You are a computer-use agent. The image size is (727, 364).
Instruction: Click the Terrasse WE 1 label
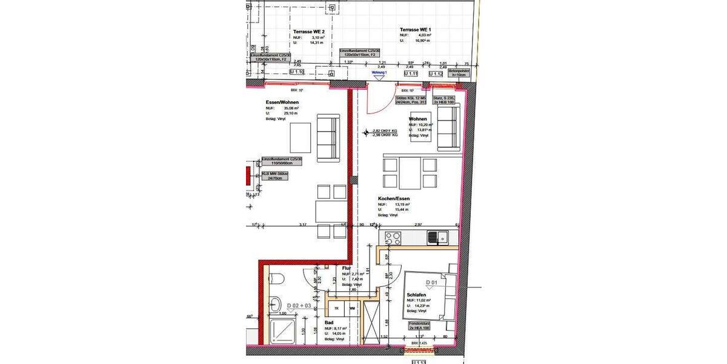tap(415, 30)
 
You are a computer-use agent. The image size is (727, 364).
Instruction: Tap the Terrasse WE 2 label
tap(309, 30)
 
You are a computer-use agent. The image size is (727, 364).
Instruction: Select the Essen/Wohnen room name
tap(282, 102)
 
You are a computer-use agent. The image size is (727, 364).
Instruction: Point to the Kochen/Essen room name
tap(394, 198)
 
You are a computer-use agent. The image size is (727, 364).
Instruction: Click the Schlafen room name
tap(417, 295)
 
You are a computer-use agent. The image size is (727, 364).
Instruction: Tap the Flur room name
tap(347, 268)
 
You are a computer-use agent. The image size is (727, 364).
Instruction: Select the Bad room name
tap(329, 323)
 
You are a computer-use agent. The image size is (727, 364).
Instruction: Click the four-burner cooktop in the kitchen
tap(393, 237)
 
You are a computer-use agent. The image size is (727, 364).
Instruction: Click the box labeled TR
tap(337, 308)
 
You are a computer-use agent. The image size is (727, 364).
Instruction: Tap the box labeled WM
tap(352, 308)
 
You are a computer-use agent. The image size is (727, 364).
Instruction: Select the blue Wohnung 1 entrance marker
tap(379, 72)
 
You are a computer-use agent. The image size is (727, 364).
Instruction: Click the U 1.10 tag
tap(296, 72)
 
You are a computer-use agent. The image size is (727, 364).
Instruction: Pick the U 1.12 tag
tap(443, 73)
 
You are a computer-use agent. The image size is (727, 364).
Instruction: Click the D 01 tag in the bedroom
tap(431, 283)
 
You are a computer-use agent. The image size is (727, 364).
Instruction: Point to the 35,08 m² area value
tap(293, 108)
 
